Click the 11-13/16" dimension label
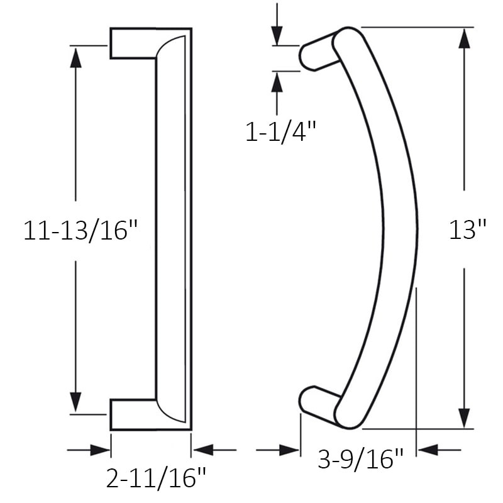coord(80,230)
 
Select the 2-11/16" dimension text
coord(156,478)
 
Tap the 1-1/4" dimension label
coord(281,132)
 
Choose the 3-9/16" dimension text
coord(360,460)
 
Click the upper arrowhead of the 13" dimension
coord(465,39)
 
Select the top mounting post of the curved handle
coord(318,53)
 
